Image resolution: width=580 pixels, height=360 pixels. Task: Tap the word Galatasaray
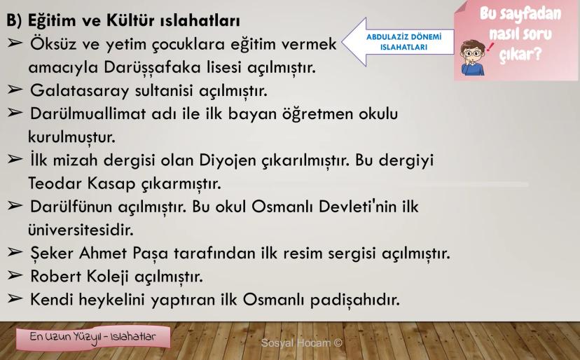(x=80, y=91)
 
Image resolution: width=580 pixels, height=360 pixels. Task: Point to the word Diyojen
(x=228, y=161)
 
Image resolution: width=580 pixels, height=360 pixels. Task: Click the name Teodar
(x=55, y=183)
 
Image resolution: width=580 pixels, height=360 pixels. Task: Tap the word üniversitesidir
(x=81, y=230)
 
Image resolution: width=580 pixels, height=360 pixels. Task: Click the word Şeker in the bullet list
(x=52, y=254)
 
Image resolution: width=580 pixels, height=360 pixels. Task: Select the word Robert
(x=55, y=277)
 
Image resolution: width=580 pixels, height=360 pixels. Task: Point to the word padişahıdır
(x=355, y=300)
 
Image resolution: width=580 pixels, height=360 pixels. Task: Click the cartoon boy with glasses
(x=472, y=57)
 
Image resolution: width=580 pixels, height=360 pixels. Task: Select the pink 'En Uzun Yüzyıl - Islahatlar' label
(x=93, y=338)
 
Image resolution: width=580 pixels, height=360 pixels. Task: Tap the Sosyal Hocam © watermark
(x=301, y=343)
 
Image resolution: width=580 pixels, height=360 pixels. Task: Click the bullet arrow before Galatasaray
(x=15, y=90)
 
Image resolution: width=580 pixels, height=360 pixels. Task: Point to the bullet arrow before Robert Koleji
(x=15, y=275)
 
